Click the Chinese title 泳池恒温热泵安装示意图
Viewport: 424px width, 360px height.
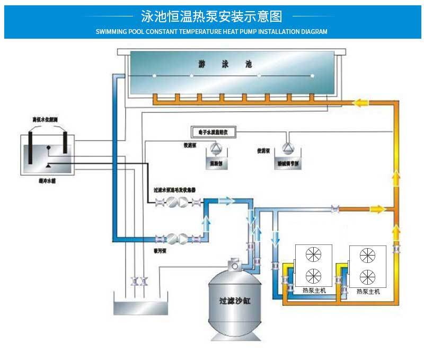pos(211,15)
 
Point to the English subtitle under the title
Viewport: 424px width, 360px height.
pos(211,32)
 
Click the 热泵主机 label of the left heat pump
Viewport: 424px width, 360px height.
pos(314,290)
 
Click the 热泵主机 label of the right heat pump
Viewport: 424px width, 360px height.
pos(368,291)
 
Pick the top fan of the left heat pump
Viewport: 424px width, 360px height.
pos(314,256)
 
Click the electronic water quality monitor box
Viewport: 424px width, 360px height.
pos(210,131)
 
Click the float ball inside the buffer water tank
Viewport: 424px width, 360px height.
pos(49,149)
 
